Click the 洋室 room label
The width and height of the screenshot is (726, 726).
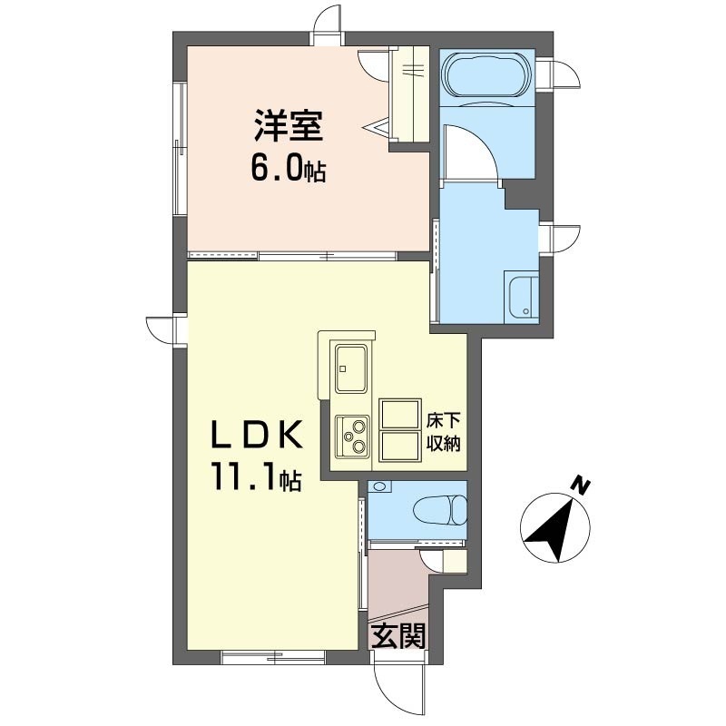coord(288,125)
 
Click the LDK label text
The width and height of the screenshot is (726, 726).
coord(257,435)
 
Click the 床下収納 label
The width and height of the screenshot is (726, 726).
coord(444,433)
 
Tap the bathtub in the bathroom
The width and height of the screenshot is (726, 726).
coord(486,76)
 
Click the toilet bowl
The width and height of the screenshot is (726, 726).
coord(440,510)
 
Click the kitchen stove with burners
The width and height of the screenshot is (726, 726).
coord(352,437)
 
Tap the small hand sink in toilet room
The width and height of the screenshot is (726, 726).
coord(379,486)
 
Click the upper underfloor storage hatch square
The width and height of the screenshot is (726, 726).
coord(399,414)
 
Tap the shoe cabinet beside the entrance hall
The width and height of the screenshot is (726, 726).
coord(455,562)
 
